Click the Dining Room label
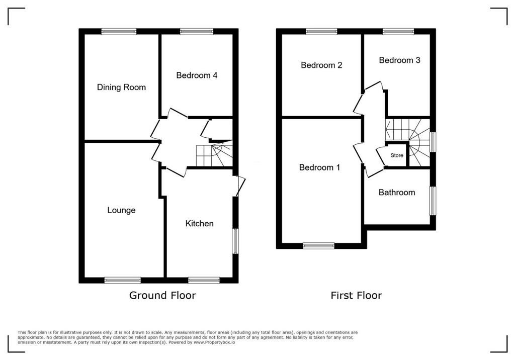click(x=121, y=87)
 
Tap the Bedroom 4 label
click(x=197, y=75)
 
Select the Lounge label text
click(x=121, y=210)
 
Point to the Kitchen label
click(x=199, y=224)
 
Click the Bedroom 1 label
click(x=319, y=167)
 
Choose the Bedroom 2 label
click(x=321, y=65)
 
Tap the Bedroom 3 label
click(x=399, y=60)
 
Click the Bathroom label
click(x=397, y=193)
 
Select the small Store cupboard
click(x=397, y=155)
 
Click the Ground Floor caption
click(x=162, y=295)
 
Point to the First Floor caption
click(x=357, y=296)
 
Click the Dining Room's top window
click(x=119, y=32)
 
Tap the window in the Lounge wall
click(x=123, y=280)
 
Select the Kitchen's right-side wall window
click(x=235, y=241)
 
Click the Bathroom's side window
click(x=433, y=201)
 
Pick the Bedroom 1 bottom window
click(x=318, y=246)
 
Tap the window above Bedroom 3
click(x=398, y=32)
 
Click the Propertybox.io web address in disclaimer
click(x=214, y=342)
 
